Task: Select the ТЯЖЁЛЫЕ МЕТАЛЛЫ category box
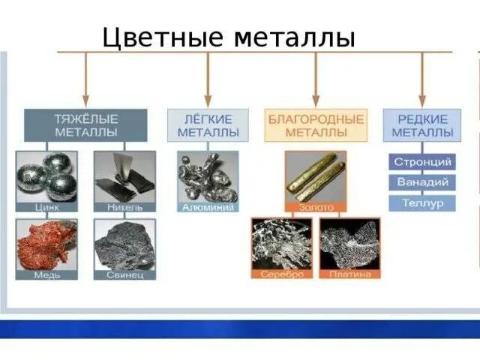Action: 85,125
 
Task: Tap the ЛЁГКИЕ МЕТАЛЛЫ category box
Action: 208,125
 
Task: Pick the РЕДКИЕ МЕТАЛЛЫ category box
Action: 421,125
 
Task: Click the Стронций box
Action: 421,162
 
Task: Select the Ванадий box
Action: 421,182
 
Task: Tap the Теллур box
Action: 421,202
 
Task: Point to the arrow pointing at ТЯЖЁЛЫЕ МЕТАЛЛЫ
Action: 85,82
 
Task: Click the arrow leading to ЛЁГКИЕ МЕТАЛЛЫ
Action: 208,82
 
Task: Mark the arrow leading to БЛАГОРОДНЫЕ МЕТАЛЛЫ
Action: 316,82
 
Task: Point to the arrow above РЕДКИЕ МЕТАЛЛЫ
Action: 421,82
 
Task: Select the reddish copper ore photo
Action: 46,244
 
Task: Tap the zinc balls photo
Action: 46,175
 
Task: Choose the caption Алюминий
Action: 208,207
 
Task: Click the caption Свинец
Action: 124,274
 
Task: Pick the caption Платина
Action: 349,274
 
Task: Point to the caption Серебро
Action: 282,274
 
